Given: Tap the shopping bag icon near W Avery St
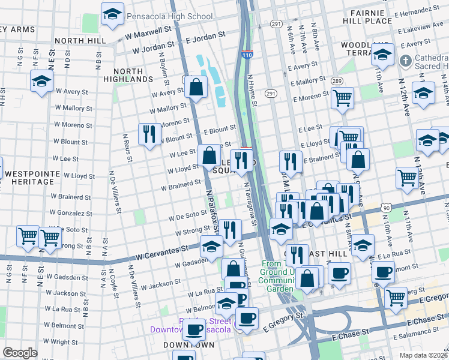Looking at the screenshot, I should coord(196,87).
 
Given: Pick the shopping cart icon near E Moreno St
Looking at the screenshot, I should coord(342,97).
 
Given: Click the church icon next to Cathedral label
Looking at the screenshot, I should coord(406,61).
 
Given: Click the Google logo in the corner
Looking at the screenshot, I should coord(20,352).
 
